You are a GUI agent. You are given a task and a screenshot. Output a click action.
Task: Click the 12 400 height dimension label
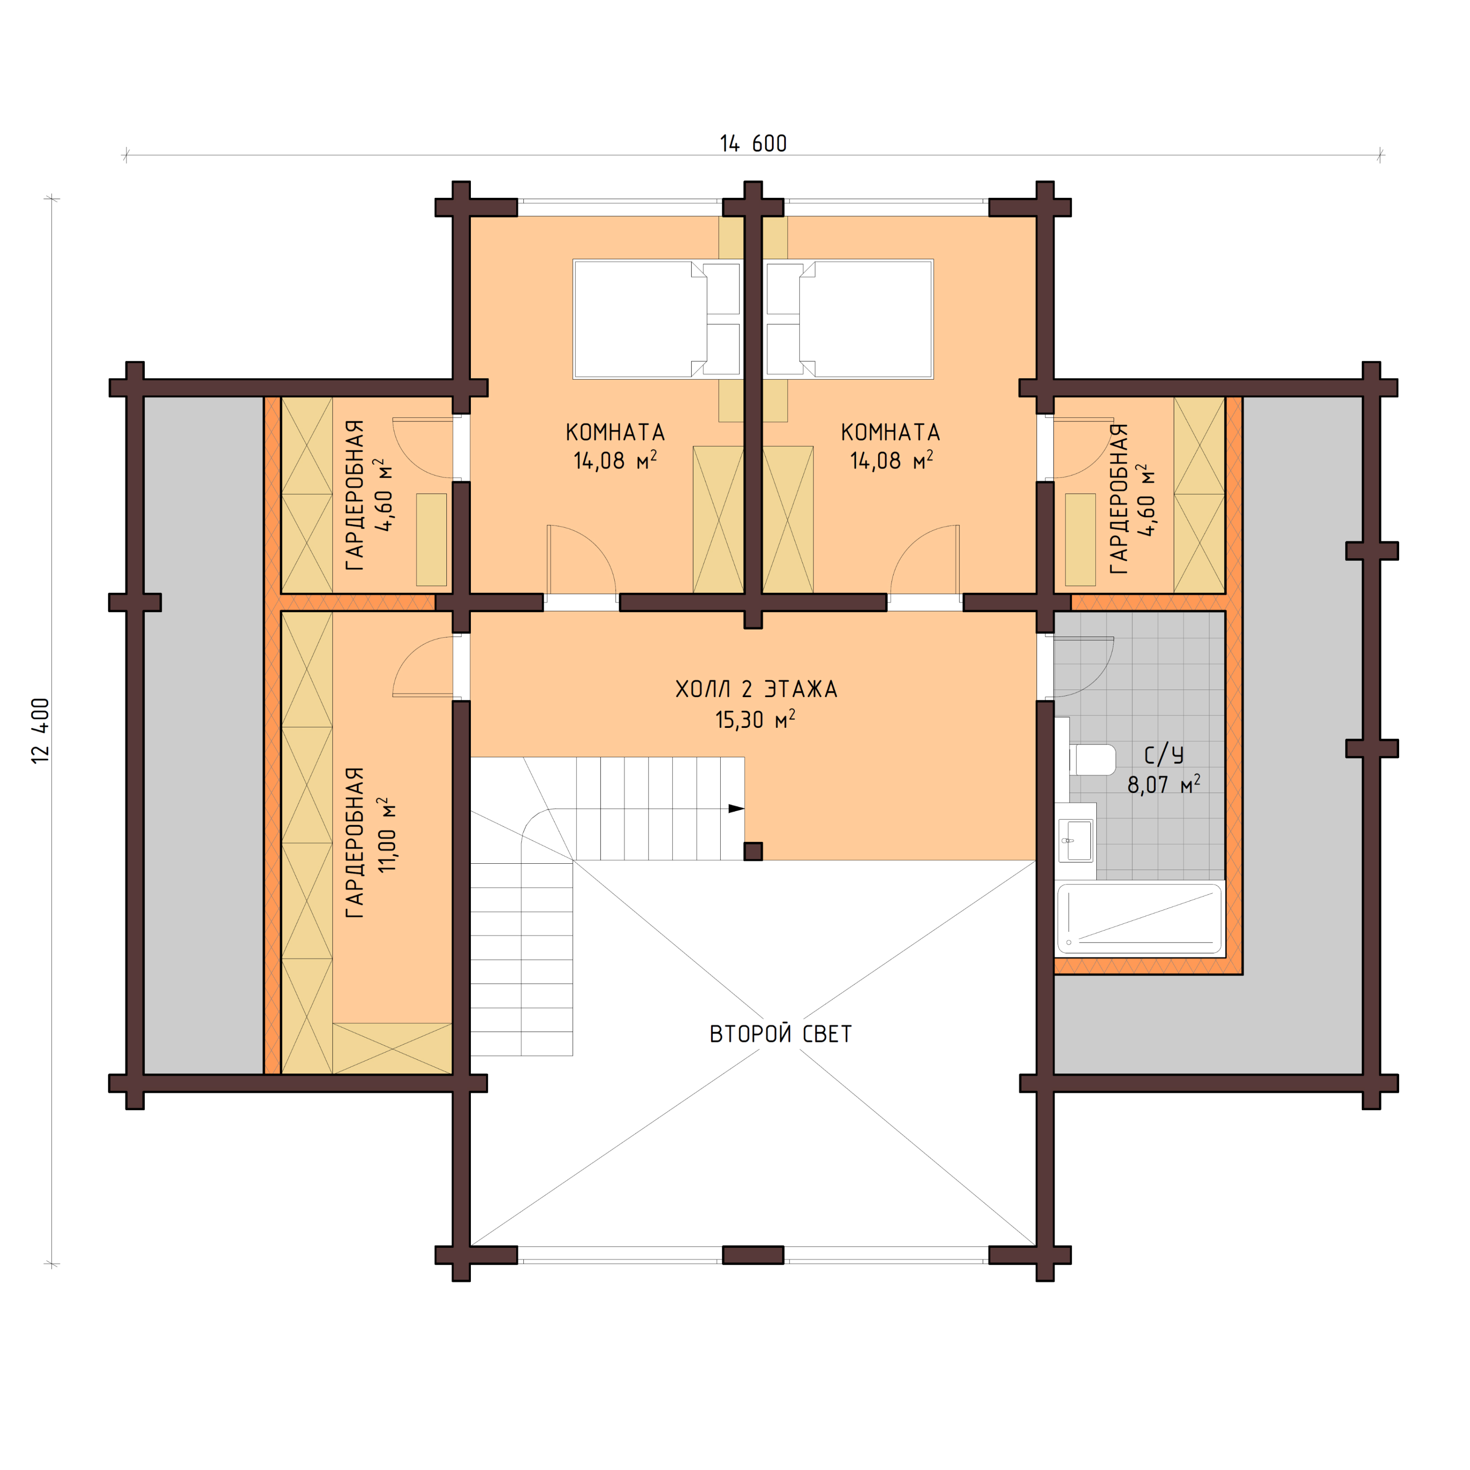coord(41,731)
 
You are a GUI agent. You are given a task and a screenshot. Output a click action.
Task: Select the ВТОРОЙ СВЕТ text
coord(780,1034)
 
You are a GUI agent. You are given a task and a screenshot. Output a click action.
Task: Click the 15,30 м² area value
coord(754,720)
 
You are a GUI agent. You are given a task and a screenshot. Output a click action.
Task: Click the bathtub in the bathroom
coord(1139,919)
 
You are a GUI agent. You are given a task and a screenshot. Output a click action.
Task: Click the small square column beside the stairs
coord(752,851)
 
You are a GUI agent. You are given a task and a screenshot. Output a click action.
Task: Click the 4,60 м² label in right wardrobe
coord(1146,500)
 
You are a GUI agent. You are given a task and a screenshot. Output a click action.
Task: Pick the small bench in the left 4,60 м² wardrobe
coord(431,539)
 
